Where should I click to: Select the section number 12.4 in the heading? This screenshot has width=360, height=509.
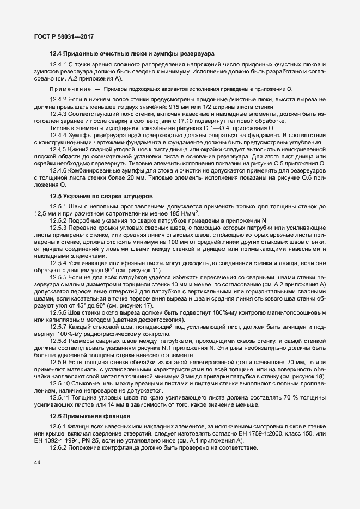56,53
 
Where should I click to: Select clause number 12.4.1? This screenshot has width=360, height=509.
58,65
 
